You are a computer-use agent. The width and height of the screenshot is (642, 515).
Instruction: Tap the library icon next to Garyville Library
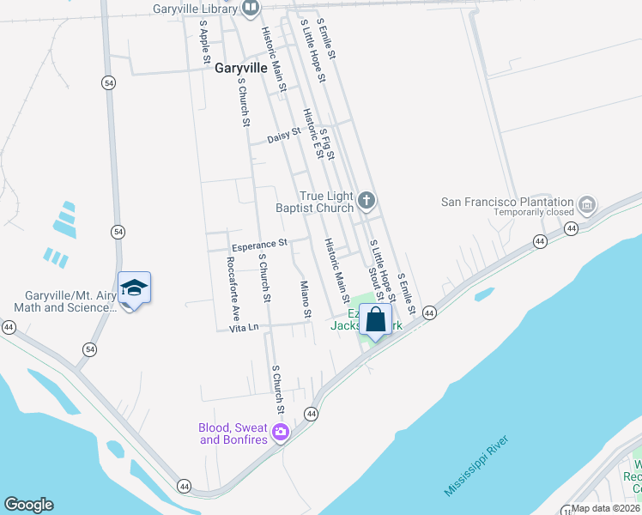pos(251,9)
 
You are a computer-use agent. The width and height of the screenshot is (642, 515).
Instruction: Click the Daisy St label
pos(283,136)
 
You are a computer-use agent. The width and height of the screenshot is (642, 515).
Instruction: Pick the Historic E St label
pos(317,133)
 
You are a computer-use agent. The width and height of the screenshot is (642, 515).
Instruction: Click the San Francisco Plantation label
pos(506,202)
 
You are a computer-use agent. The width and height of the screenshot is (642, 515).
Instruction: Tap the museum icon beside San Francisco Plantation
pos(587,204)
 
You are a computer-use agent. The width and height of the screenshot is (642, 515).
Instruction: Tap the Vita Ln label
pos(244,328)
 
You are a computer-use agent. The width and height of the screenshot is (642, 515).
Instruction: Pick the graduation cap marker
pos(134,288)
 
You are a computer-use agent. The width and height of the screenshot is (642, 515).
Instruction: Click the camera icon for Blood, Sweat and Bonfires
pos(279,433)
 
